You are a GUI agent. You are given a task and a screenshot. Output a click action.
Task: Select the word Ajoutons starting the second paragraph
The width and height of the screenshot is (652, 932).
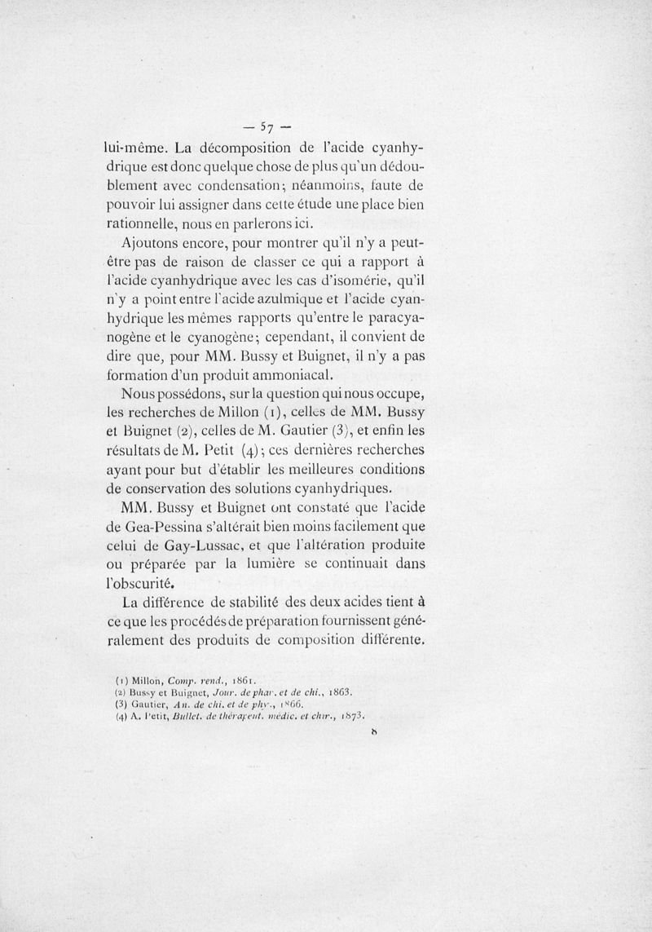152,244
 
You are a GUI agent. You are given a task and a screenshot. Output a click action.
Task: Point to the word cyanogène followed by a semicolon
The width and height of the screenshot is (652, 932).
231,338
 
